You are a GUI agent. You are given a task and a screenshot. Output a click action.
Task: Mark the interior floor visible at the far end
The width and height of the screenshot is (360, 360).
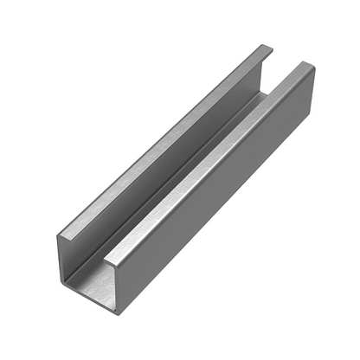[x=260, y=95]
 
